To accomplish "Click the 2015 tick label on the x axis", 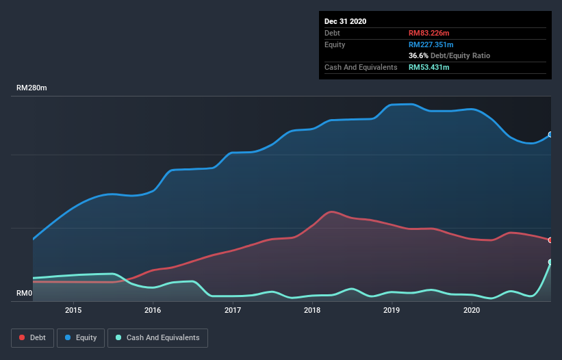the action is point(73,310).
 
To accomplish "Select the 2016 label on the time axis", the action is point(153,310).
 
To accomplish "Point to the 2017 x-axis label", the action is point(233,310).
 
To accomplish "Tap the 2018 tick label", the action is point(312,310).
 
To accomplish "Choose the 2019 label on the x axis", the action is point(392,310).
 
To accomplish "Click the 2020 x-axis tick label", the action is point(472,310).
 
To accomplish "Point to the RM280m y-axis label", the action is point(31,88).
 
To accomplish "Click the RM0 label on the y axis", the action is point(25,293).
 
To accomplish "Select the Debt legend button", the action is point(33,338).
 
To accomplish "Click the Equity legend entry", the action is point(81,338).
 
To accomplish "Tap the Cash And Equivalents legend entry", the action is point(157,338).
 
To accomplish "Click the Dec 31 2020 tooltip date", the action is point(345,21).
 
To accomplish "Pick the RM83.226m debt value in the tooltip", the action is point(429,33).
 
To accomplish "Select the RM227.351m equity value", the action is point(431,44).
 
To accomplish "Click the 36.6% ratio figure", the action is point(418,55).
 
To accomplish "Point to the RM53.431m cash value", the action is point(429,67).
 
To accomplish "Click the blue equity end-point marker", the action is point(550,135).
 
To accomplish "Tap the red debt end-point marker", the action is point(550,240).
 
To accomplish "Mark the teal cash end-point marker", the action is point(550,262).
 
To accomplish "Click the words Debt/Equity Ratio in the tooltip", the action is point(460,55).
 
